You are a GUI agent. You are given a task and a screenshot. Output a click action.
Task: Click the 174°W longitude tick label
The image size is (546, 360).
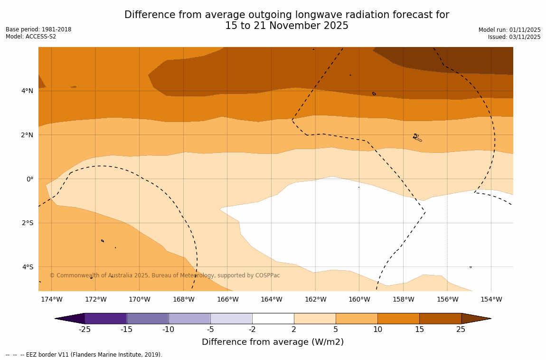pos(51,299)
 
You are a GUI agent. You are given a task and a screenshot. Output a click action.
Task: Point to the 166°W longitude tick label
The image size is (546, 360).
pos(227,299)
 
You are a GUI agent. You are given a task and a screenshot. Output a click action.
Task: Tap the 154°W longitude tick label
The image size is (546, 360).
pos(491,299)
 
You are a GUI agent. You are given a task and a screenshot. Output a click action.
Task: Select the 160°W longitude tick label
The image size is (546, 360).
pos(359,299)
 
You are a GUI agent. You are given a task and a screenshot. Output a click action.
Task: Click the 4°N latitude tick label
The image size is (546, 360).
pos(28,91)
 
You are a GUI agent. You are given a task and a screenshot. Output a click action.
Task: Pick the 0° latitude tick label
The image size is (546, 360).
pos(30,179)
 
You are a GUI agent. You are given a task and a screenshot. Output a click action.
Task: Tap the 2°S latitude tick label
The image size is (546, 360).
pos(28,223)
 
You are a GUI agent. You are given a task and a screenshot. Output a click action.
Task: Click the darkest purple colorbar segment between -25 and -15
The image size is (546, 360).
pos(105,318)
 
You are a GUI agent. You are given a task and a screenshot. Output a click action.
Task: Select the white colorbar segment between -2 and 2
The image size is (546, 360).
pos(273,318)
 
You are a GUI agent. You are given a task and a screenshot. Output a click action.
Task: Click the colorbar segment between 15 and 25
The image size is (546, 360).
pos(440,318)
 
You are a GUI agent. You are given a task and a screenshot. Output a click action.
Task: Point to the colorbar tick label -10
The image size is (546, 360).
pos(169,330)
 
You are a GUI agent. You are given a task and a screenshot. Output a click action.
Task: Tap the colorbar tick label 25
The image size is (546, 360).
pos(461,330)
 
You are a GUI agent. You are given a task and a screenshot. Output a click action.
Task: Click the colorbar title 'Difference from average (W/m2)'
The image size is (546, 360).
pos(273,342)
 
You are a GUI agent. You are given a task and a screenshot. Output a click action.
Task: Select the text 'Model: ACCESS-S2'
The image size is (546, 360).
pos(31,37)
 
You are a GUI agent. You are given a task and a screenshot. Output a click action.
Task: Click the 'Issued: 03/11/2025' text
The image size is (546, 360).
pos(514,37)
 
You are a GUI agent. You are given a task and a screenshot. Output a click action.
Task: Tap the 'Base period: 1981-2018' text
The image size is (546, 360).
pos(38,29)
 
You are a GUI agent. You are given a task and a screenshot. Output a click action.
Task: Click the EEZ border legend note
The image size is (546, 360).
pos(84,355)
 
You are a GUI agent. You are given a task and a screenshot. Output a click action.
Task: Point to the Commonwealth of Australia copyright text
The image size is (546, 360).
pos(165,275)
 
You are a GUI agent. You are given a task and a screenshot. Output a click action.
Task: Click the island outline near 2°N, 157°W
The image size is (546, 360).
pos(417,137)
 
